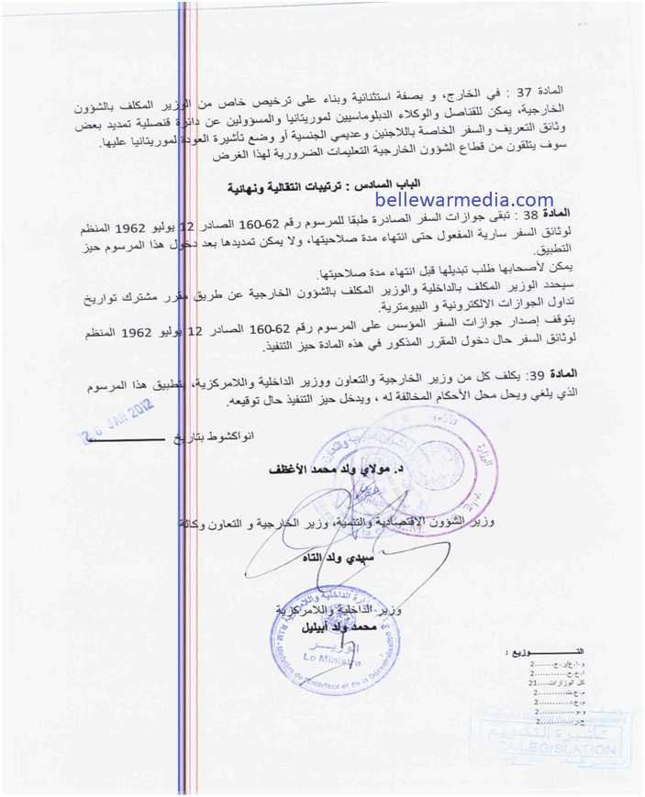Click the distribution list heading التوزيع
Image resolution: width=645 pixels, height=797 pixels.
(532, 652)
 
